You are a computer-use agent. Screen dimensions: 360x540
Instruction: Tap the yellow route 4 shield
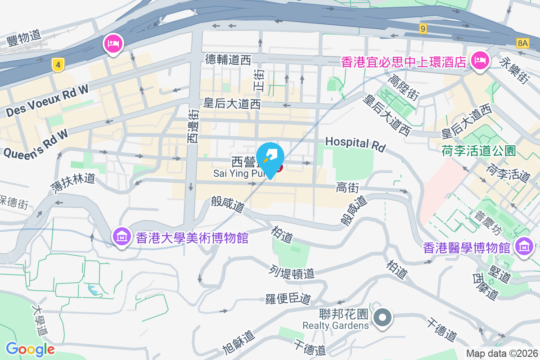[57, 65]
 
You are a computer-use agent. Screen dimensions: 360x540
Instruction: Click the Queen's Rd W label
[36, 144]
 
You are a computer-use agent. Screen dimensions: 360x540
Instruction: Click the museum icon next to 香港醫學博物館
[524, 247]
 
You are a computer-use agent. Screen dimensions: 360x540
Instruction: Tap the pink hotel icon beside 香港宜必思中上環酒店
[480, 61]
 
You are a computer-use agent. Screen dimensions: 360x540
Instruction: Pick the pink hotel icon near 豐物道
[112, 44]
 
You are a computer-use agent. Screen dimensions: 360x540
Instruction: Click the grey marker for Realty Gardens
[383, 317]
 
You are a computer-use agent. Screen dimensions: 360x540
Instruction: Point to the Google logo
[30, 349]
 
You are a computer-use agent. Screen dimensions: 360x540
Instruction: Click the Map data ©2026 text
[502, 354]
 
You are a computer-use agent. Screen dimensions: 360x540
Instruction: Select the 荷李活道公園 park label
[478, 150]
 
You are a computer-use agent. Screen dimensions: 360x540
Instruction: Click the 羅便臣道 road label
[288, 298]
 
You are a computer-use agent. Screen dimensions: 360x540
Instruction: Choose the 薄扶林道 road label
[72, 185]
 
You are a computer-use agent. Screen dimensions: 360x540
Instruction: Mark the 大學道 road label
[40, 321]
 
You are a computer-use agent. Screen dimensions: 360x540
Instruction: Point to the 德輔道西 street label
[229, 59]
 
